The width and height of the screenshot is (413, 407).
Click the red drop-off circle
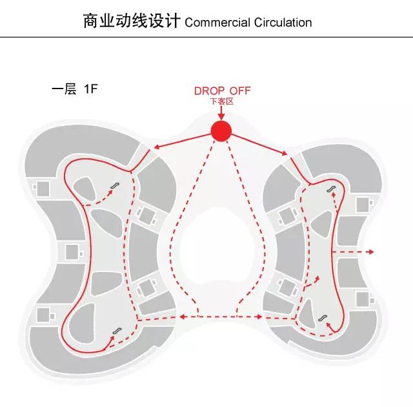221,131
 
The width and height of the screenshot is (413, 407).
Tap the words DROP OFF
222,91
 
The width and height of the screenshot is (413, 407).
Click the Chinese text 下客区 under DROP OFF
221,102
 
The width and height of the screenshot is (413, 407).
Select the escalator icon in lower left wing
117,331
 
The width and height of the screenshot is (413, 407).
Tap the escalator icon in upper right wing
331,189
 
